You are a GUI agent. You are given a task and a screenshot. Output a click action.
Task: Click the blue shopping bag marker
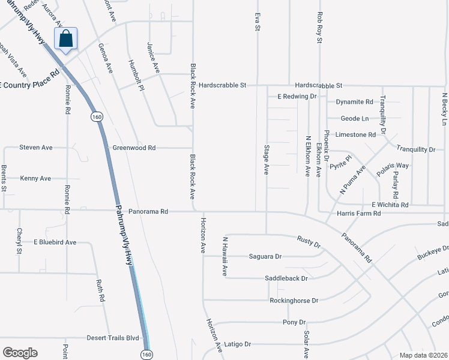[66, 39]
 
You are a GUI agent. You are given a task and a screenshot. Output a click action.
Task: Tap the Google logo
[20, 353]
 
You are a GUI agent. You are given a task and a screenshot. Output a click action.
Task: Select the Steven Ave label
[36, 147]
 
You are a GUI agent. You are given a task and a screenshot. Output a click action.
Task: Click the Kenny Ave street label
[35, 178]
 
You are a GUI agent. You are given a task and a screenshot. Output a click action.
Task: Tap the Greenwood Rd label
[134, 148]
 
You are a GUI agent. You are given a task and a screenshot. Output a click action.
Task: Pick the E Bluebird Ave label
[55, 242]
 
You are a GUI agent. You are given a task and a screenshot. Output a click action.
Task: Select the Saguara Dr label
[265, 256]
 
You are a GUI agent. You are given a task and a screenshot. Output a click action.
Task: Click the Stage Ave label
[266, 159]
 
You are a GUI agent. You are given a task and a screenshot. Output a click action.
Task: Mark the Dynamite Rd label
[355, 102]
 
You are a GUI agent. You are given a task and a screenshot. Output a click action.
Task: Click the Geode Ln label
[355, 119]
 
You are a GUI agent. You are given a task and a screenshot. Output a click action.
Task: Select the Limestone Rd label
[355, 135]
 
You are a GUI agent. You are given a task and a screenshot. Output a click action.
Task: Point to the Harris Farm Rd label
[359, 213]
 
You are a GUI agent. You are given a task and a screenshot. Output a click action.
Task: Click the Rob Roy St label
[320, 28]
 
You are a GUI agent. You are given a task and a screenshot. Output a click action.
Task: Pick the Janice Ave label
[154, 58]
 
